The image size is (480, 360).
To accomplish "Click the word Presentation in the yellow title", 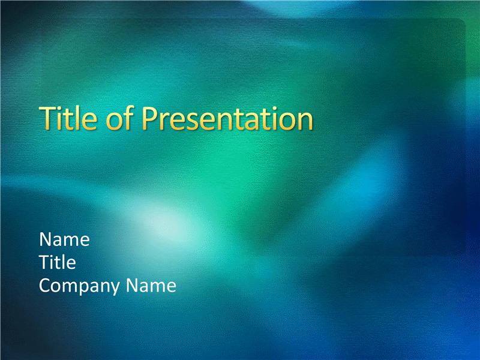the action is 227,118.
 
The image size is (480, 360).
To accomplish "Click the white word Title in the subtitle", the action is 58,262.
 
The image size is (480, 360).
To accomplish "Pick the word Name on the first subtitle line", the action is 64,239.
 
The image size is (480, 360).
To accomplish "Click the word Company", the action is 79,287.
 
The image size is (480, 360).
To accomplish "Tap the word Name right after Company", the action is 151,286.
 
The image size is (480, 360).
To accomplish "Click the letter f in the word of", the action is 129,118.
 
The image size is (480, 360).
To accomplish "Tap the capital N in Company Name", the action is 131,286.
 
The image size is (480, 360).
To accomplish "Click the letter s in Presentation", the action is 194,122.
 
